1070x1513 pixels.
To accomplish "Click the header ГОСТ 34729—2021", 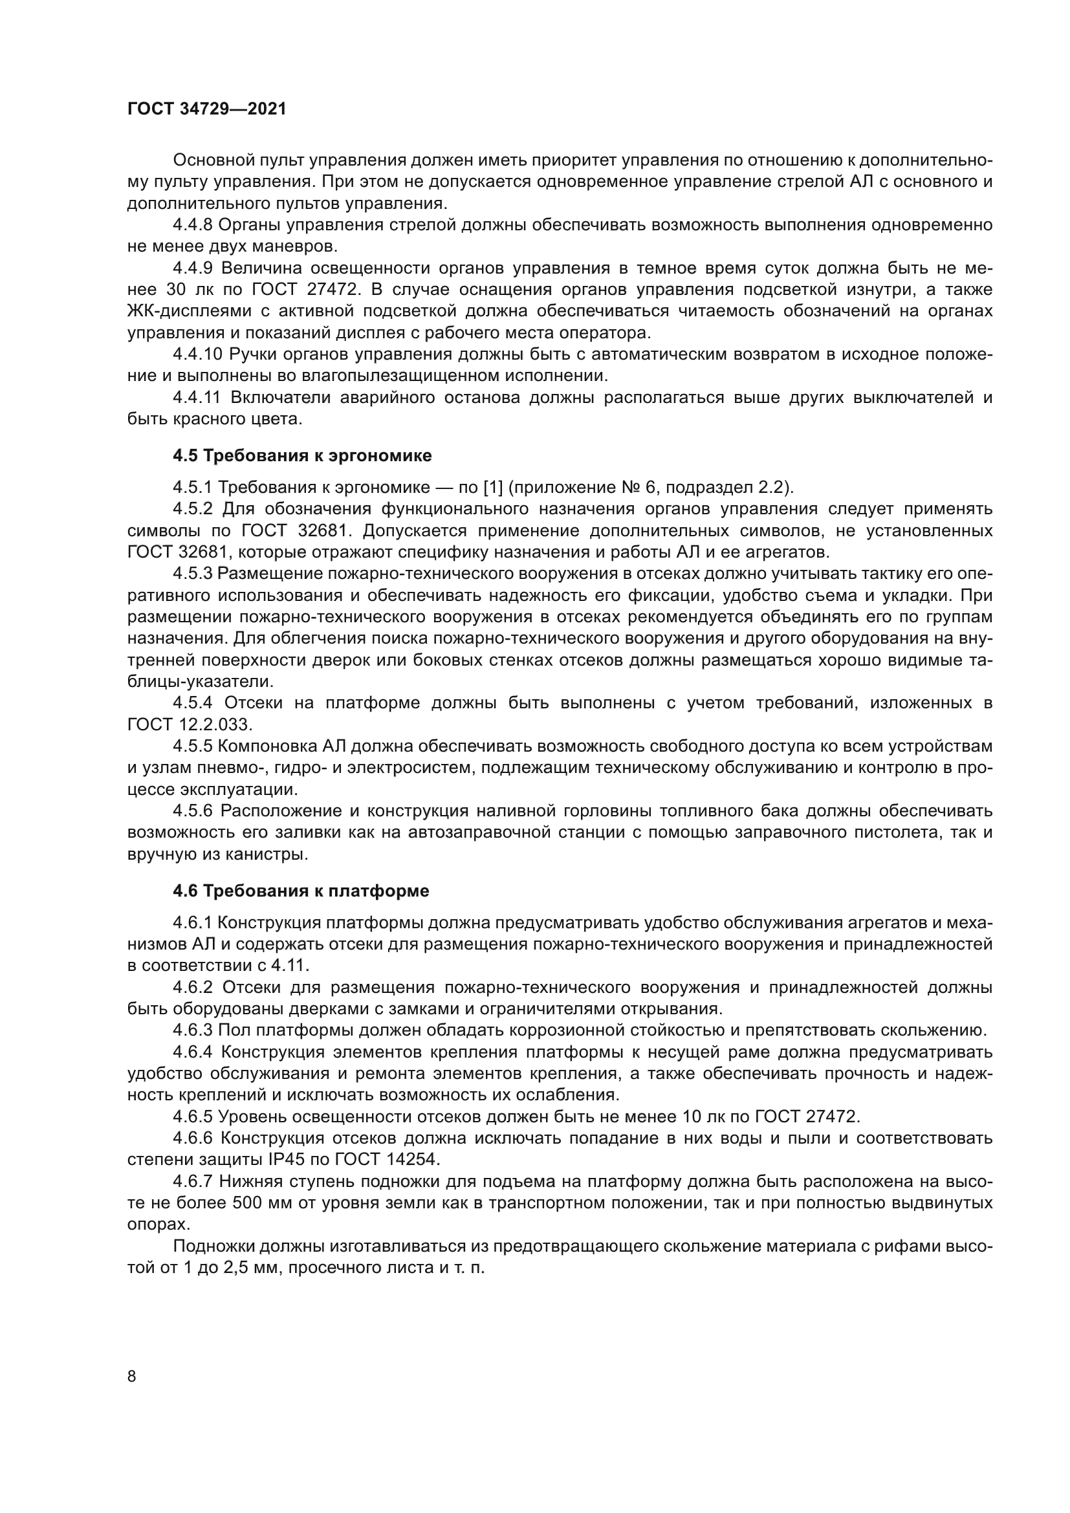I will click(206, 109).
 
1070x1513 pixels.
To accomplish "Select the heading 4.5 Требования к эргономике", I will click(302, 455).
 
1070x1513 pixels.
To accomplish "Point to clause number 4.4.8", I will click(192, 225).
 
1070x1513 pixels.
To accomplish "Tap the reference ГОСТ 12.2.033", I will click(189, 725).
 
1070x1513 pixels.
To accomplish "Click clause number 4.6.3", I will click(192, 1030).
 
